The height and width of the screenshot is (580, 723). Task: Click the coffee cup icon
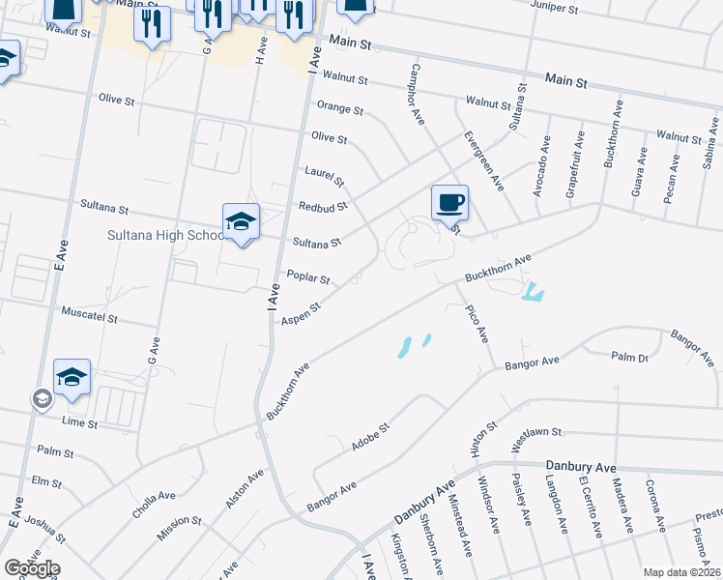coord(449,203)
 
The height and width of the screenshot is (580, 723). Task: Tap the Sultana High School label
coord(164,235)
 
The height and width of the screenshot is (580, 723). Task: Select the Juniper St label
coord(554,7)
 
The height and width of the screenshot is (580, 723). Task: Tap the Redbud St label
coord(322,207)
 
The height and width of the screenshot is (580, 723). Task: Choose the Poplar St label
coord(308,278)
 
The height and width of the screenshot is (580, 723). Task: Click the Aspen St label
coord(302,311)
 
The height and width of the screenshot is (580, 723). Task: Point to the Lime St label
coord(79,423)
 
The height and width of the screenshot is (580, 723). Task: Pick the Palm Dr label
coord(629,357)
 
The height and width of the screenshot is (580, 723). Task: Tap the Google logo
coord(32,568)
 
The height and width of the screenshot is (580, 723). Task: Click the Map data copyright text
coord(682,572)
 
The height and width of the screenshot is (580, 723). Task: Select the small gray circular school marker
coord(42,399)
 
